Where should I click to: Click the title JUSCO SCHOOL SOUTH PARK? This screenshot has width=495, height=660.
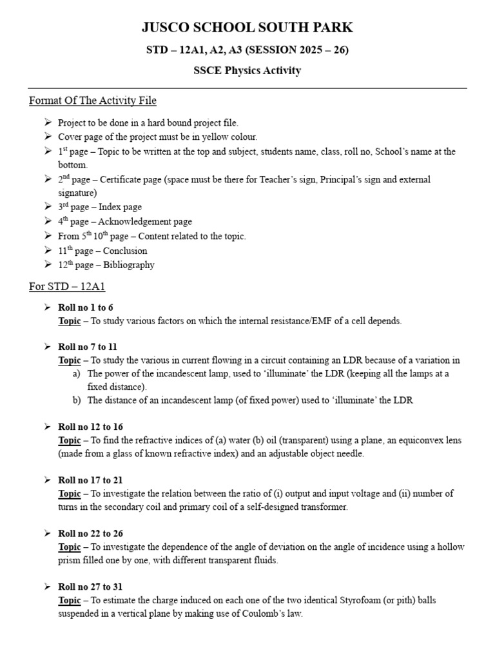click(247, 27)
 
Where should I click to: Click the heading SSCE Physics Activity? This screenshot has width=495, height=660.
click(247, 71)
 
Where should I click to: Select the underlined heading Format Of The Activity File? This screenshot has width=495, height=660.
click(93, 101)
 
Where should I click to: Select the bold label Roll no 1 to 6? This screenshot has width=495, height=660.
click(86, 307)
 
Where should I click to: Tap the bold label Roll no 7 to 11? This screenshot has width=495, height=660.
click(88, 347)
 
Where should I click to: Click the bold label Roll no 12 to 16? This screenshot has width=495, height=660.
click(90, 427)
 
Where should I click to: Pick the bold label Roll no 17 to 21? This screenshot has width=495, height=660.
click(90, 480)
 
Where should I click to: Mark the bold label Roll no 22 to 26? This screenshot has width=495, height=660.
click(90, 534)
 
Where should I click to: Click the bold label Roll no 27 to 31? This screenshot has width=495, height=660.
click(90, 587)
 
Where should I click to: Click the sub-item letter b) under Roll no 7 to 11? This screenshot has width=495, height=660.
click(77, 400)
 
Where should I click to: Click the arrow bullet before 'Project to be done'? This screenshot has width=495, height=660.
click(48, 122)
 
